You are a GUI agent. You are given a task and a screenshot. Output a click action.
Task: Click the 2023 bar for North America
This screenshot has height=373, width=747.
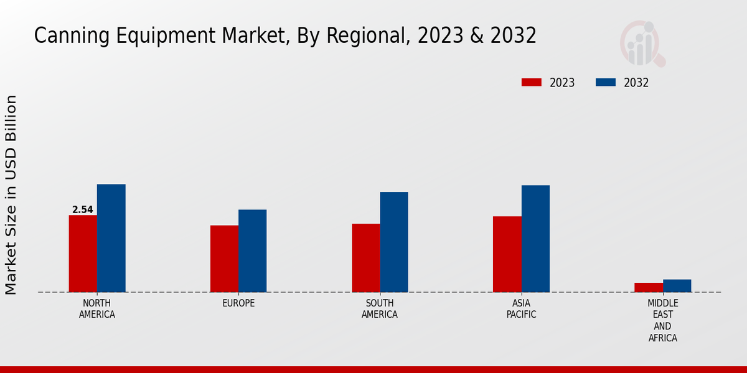(x=83, y=254)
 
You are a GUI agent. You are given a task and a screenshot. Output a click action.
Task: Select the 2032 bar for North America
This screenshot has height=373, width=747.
(x=111, y=238)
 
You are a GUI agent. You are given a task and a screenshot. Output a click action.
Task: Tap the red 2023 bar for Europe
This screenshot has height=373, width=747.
(x=224, y=259)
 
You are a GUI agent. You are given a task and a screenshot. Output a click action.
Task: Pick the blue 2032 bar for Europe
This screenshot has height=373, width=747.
(x=252, y=251)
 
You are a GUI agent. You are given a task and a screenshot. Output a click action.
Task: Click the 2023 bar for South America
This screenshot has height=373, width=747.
(x=365, y=258)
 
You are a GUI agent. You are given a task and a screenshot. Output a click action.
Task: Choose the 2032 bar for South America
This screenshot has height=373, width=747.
(x=394, y=242)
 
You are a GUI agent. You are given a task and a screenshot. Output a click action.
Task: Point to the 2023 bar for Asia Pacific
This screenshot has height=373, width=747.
(x=507, y=254)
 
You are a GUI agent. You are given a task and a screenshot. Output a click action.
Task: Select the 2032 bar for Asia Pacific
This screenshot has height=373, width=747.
(x=535, y=239)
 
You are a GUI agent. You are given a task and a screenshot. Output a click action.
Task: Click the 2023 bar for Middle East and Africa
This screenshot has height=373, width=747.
(x=649, y=287)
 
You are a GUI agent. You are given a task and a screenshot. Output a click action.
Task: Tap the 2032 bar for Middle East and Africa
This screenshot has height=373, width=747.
(x=677, y=285)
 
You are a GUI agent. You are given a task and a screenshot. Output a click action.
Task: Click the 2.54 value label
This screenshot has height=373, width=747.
(x=83, y=210)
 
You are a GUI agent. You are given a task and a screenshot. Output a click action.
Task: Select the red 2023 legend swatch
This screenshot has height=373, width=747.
(x=532, y=83)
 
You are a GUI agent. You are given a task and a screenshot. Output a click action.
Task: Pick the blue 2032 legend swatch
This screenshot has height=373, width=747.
(x=606, y=83)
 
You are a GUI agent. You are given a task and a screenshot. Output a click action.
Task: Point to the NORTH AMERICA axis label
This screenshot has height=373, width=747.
(x=97, y=309)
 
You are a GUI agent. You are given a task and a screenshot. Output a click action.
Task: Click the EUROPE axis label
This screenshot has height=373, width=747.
(x=238, y=303)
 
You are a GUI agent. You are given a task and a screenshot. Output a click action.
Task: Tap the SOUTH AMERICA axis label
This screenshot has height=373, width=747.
(x=380, y=309)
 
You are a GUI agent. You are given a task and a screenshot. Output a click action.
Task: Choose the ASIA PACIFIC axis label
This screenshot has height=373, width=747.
(x=521, y=309)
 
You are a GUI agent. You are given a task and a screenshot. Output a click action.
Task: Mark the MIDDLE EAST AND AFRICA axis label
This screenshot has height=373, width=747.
(x=662, y=321)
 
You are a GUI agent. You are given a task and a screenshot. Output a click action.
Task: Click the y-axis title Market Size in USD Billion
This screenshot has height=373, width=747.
(x=11, y=195)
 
